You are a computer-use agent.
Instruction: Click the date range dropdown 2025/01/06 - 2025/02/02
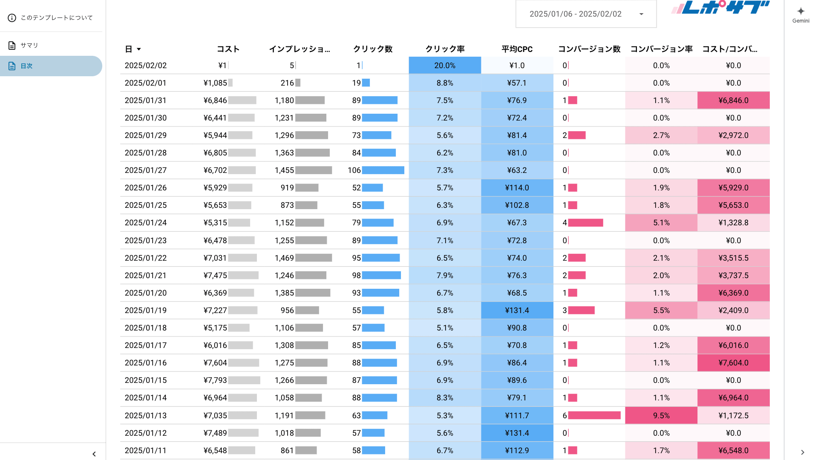586,14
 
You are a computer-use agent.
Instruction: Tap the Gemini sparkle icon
801,11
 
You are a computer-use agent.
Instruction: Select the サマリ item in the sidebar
29,45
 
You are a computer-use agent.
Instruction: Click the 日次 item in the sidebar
26,66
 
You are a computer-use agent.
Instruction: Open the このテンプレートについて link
56,17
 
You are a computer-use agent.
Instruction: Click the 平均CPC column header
517,49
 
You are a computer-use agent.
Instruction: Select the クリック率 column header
445,49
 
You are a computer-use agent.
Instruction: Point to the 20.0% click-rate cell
445,66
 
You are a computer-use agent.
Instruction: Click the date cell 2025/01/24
146,223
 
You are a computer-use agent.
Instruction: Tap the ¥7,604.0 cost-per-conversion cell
733,363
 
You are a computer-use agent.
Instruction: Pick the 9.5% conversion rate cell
661,416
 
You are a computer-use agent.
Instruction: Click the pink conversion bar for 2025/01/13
594,415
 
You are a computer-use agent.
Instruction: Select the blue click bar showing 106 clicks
383,170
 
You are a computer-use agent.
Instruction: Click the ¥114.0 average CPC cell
517,188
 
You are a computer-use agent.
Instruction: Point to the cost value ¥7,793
215,380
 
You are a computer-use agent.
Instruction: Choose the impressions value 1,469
284,258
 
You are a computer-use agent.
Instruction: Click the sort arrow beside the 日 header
139,49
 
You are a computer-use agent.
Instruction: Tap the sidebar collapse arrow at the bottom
94,454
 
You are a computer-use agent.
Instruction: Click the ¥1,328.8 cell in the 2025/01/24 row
733,223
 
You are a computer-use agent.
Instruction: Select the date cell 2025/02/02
146,66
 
